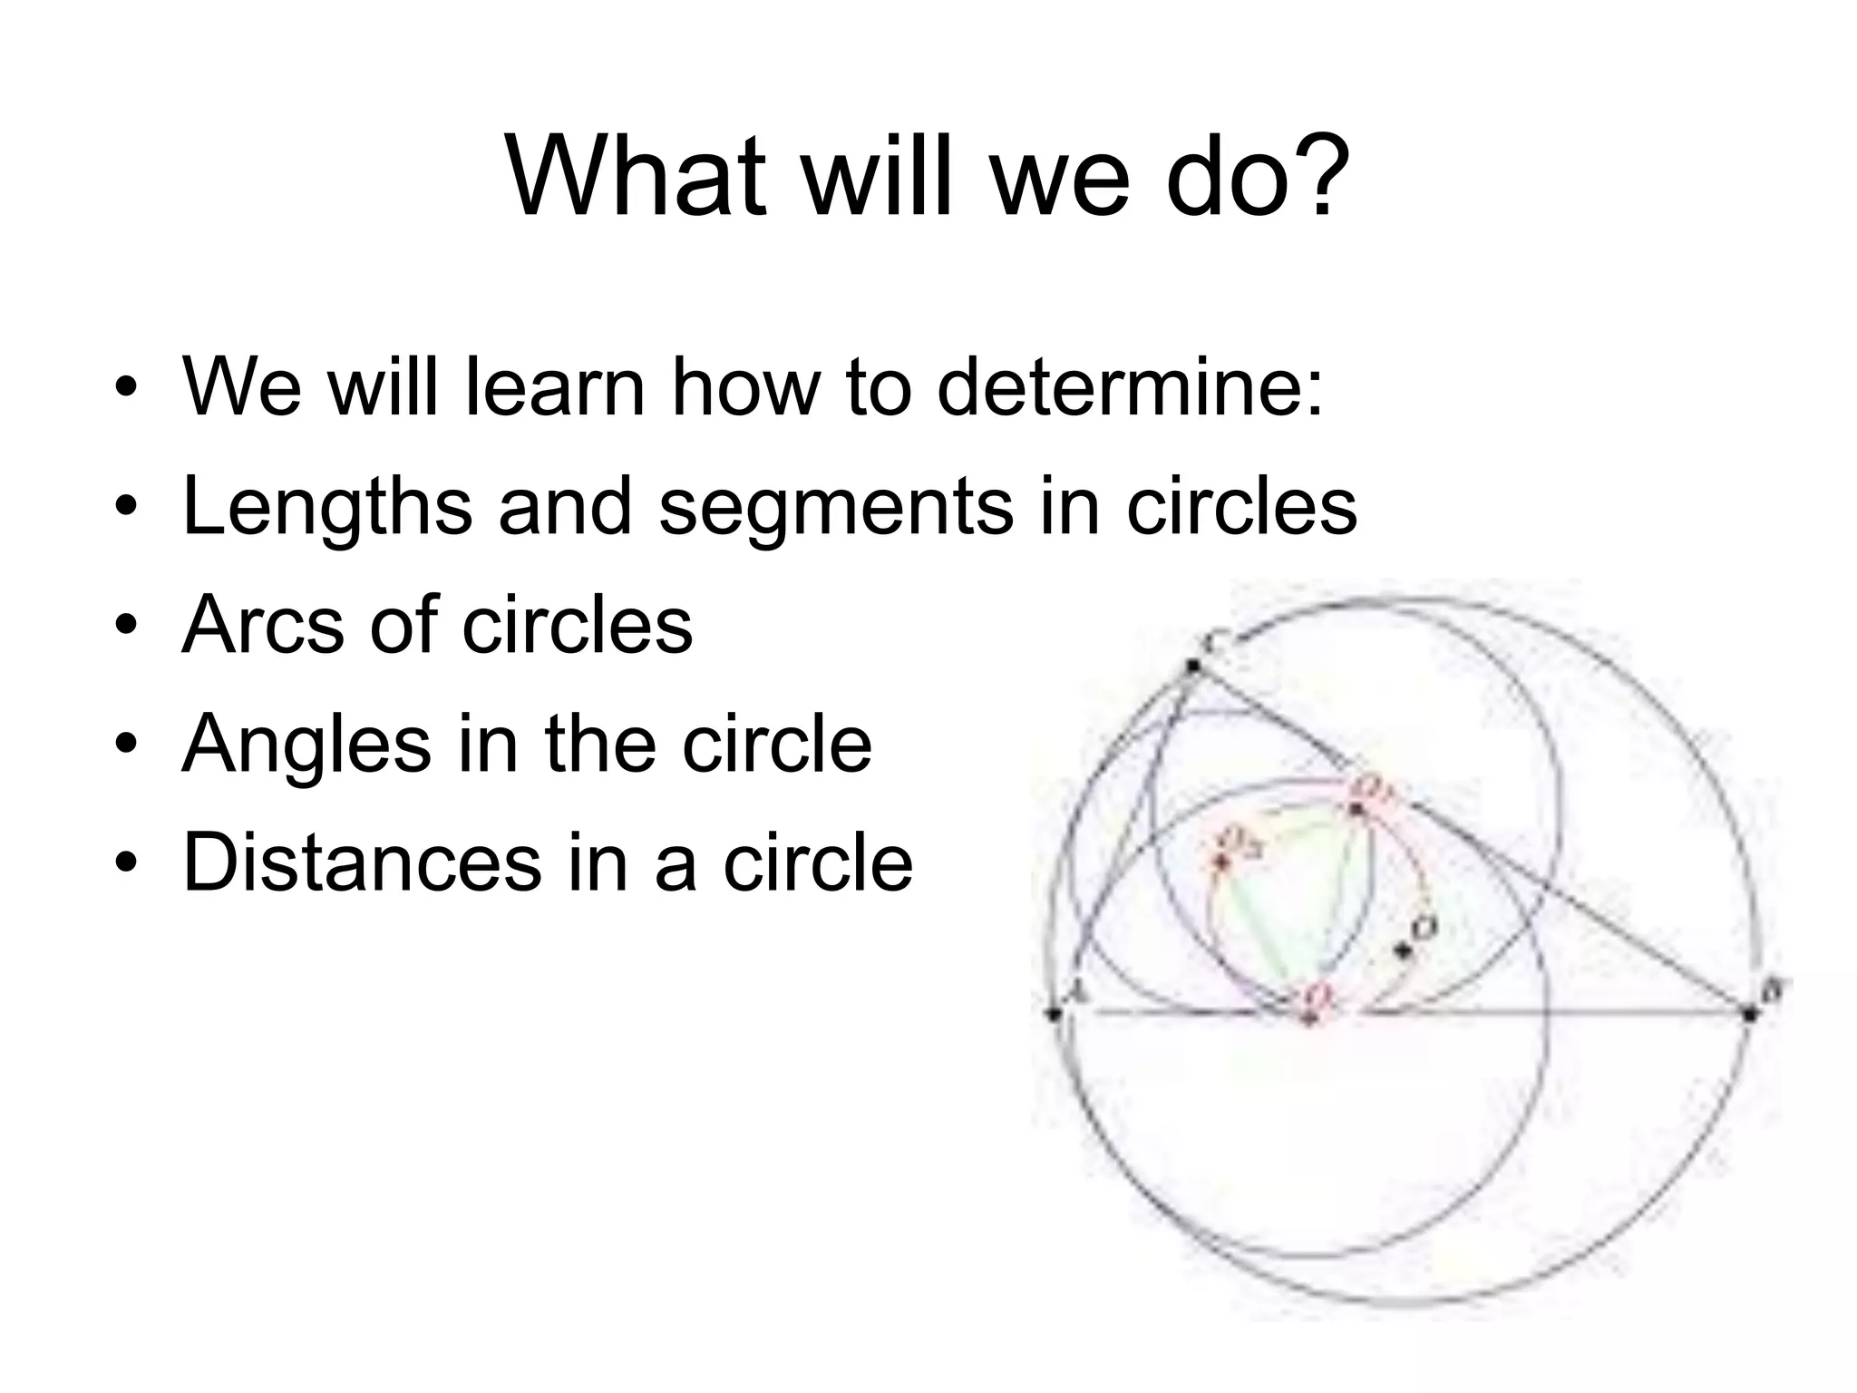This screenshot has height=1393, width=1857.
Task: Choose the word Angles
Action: pos(306,745)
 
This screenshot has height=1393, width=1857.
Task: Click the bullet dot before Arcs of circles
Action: pos(125,626)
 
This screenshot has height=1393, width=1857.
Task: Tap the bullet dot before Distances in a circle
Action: pos(125,863)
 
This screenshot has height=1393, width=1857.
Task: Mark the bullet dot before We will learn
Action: pos(125,388)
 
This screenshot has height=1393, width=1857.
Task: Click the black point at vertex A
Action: pos(1054,1013)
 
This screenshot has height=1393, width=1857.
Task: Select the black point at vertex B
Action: pos(1751,1013)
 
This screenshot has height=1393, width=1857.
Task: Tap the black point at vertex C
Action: pos(1193,666)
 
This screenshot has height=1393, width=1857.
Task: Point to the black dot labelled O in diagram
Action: pos(1404,950)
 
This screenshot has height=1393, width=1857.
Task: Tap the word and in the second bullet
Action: pos(565,506)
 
